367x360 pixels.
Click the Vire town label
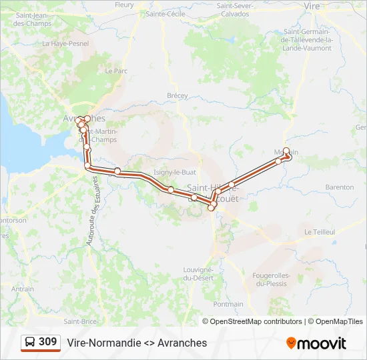[x=312, y=5]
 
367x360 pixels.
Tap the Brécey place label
[x=177, y=96]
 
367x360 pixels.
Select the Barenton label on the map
[x=340, y=187]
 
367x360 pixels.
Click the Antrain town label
[x=22, y=289]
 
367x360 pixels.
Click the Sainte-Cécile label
[x=165, y=13]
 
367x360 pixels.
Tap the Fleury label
[x=124, y=5]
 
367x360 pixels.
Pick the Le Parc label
[x=116, y=70]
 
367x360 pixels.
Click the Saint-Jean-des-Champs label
[x=33, y=19]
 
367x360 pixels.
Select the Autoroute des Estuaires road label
[x=93, y=211]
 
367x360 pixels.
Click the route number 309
[x=47, y=342]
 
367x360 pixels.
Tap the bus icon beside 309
[x=31, y=343]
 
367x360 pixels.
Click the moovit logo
[x=316, y=343]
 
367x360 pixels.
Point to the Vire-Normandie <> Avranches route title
[x=137, y=343]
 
